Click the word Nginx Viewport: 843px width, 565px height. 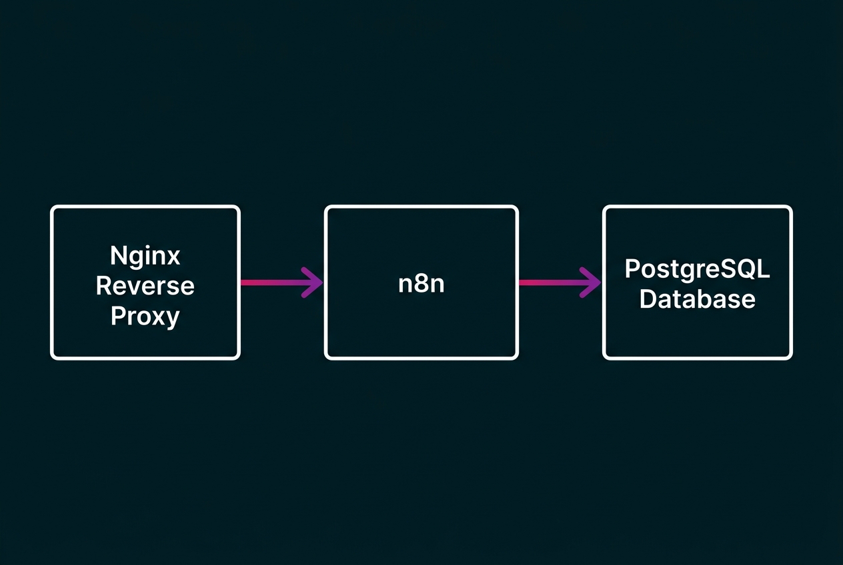click(x=145, y=256)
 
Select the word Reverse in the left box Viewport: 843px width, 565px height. click(x=145, y=285)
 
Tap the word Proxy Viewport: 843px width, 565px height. click(x=145, y=315)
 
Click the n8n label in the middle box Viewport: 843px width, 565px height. click(x=421, y=283)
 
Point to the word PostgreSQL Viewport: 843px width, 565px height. click(x=697, y=269)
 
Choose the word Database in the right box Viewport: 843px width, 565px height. click(x=697, y=298)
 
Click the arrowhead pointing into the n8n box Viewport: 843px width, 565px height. click(x=313, y=282)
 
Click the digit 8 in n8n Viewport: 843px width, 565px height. click(x=421, y=283)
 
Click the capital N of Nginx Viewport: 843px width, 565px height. click(x=118, y=256)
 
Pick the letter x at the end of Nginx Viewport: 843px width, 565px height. click(x=173, y=257)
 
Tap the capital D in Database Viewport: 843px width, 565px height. click(x=648, y=298)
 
